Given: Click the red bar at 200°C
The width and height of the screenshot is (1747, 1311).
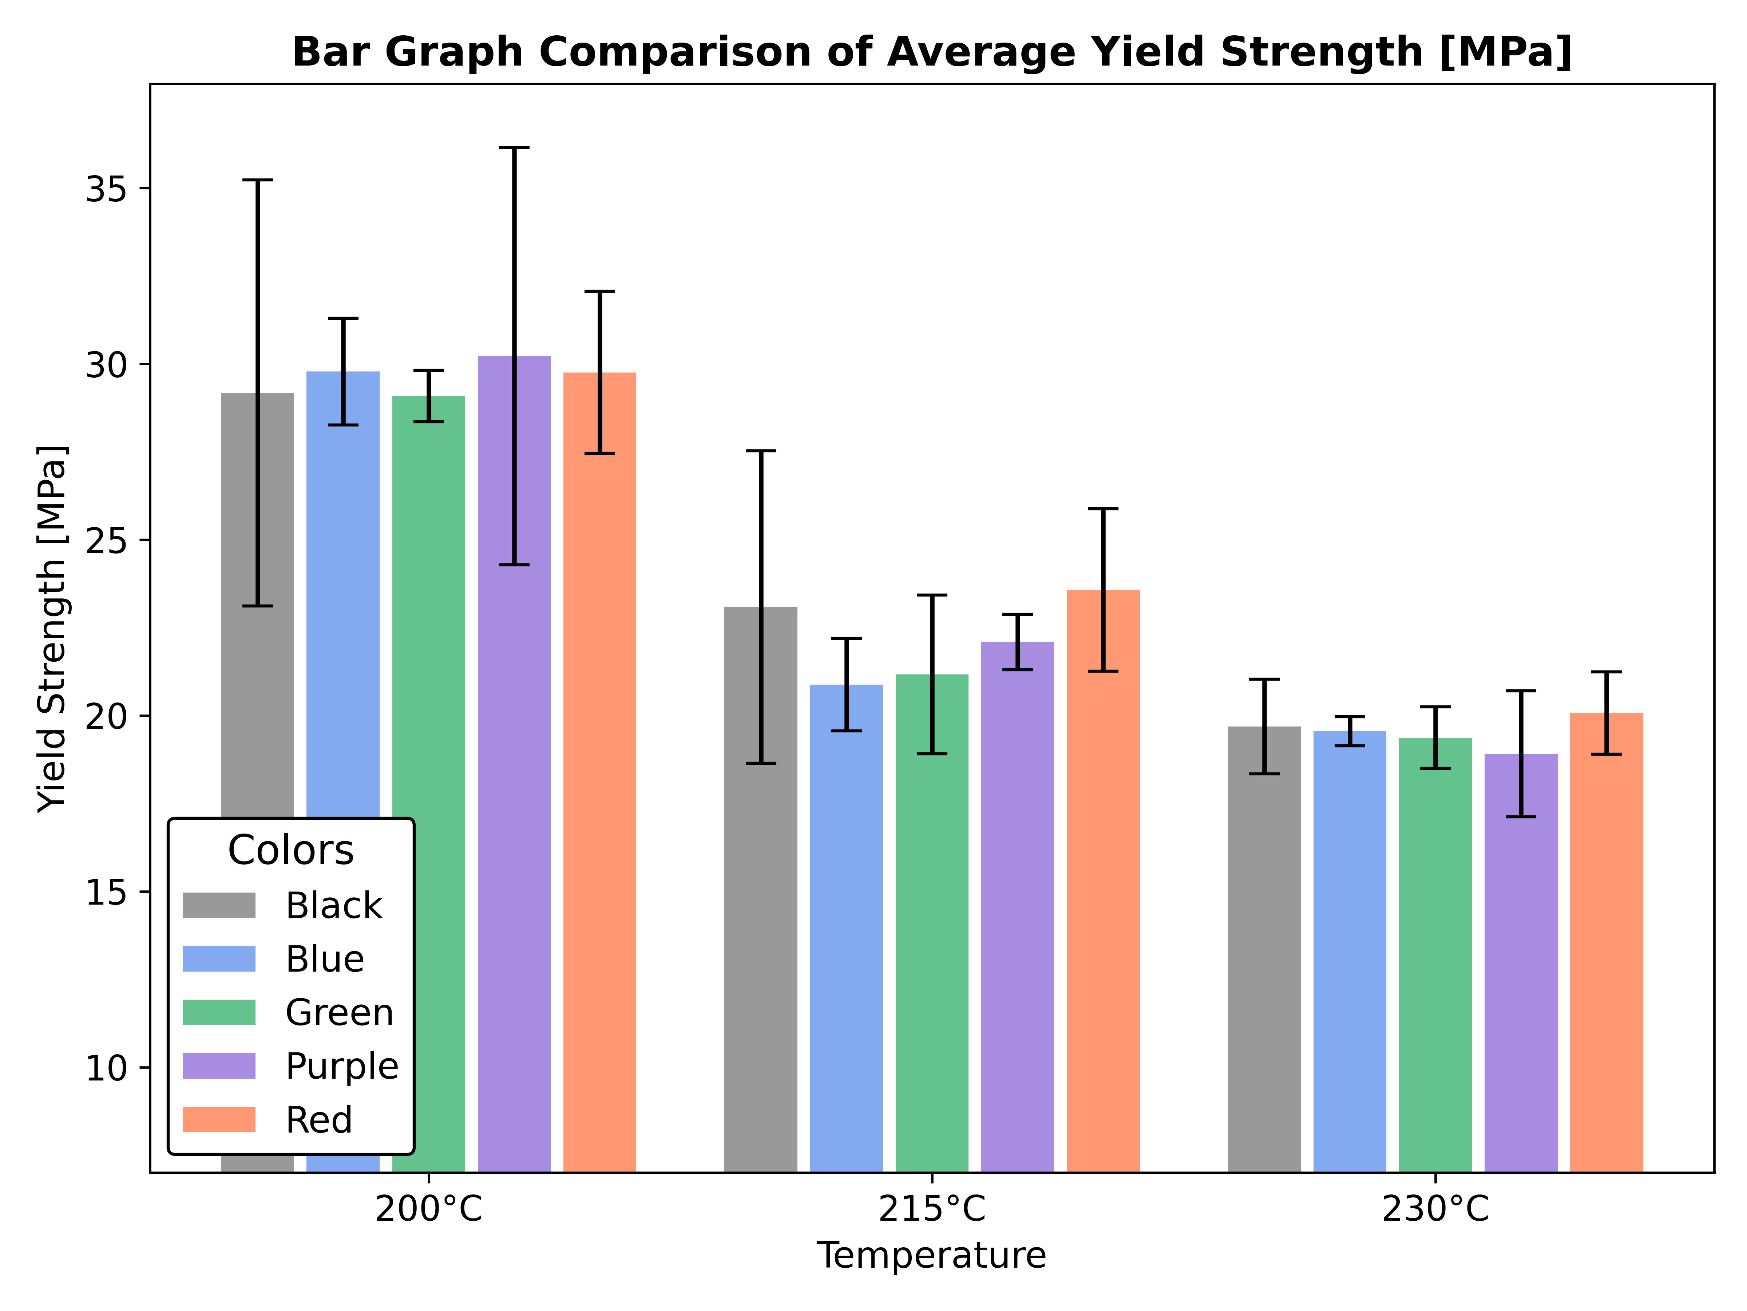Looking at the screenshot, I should [599, 790].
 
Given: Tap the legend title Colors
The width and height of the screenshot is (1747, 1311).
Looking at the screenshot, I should [291, 850].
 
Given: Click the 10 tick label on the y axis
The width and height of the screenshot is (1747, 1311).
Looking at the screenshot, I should [107, 1068].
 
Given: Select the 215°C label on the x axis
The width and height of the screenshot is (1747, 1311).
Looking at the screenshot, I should [932, 1209].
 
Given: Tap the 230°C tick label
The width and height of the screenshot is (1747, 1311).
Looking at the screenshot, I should [1435, 1209].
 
